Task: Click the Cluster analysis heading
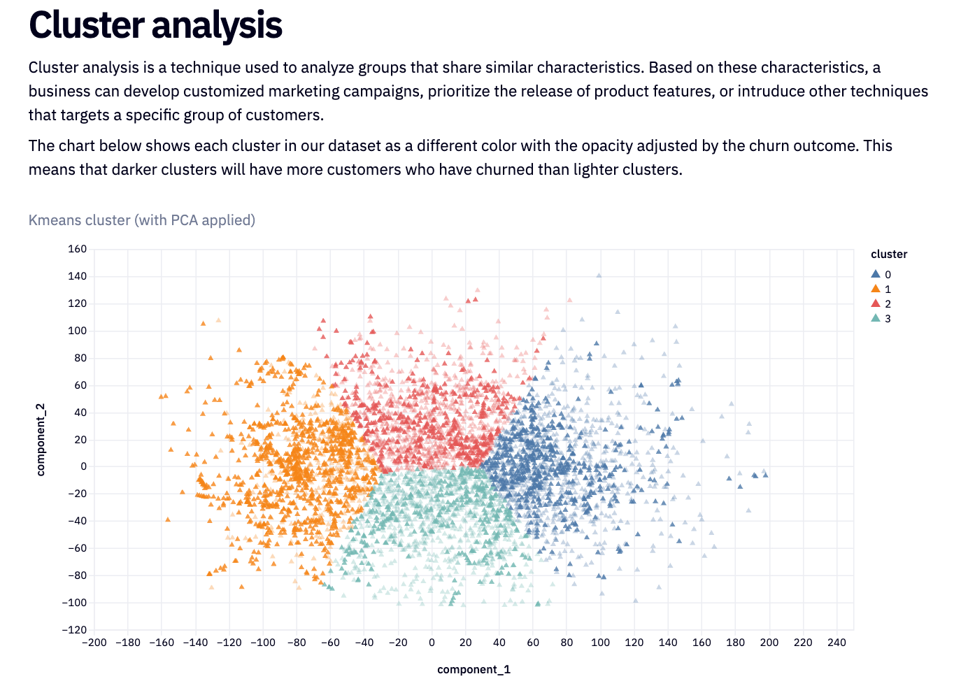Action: [x=155, y=25]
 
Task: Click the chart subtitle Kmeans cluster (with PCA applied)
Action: [x=142, y=220]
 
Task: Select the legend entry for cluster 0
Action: [x=881, y=275]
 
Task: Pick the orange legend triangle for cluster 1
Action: [x=876, y=289]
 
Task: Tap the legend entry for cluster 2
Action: [x=881, y=304]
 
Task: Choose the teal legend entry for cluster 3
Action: [x=881, y=319]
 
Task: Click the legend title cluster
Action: [x=889, y=255]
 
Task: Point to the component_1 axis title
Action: [x=474, y=670]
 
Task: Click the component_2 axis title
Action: [x=41, y=439]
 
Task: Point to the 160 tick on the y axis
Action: [x=78, y=249]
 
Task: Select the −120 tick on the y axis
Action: [x=74, y=630]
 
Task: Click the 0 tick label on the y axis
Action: [x=83, y=466]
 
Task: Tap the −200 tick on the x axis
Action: [x=94, y=643]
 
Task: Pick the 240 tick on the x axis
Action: [x=837, y=643]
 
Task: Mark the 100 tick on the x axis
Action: [x=600, y=643]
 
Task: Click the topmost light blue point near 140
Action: [x=599, y=275]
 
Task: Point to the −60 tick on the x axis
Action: [x=330, y=643]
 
